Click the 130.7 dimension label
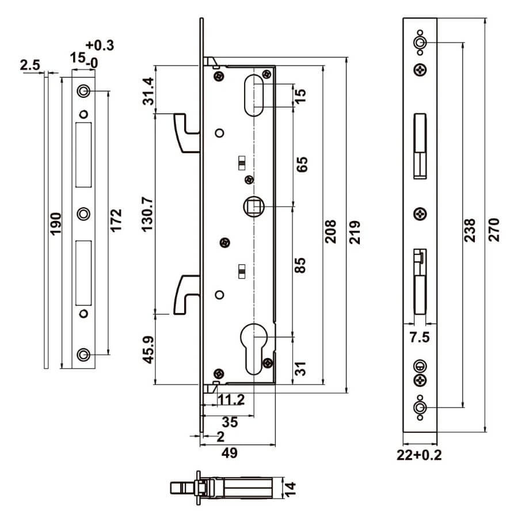click(148, 214)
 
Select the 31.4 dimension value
click(148, 91)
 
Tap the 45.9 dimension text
click(148, 349)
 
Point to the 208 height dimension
click(330, 231)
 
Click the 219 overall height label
click(355, 233)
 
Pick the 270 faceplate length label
click(494, 230)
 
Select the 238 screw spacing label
click(470, 230)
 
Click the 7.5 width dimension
click(420, 337)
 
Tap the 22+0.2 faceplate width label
click(419, 455)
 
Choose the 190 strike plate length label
click(55, 224)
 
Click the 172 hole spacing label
click(116, 220)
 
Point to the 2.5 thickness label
click(30, 65)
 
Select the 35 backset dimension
click(230, 422)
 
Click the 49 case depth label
click(230, 452)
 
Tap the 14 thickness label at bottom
click(290, 489)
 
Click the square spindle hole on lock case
click(254, 207)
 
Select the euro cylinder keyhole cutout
click(254, 349)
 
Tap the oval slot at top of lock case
click(254, 95)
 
